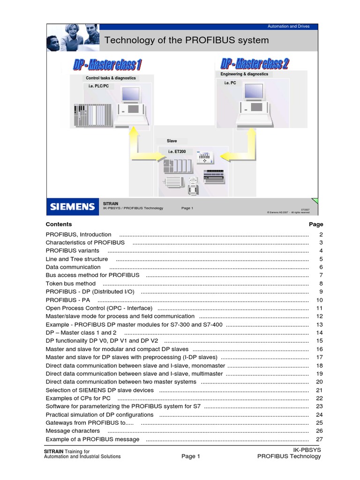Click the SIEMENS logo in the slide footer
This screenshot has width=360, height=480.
[73, 207]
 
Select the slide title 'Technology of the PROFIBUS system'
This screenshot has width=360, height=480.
[187, 40]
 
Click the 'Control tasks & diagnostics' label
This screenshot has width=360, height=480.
[111, 78]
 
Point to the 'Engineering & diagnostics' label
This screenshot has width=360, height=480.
[244, 74]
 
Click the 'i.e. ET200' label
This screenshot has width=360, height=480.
[177, 151]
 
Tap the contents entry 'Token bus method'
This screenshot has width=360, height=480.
[70, 284]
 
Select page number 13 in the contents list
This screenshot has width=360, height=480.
[320, 324]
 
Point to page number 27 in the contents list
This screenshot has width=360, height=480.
[320, 439]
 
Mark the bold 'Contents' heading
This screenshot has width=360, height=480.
[59, 225]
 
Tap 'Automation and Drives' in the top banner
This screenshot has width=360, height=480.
[288, 26]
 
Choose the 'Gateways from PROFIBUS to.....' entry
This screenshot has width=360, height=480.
[90, 423]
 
